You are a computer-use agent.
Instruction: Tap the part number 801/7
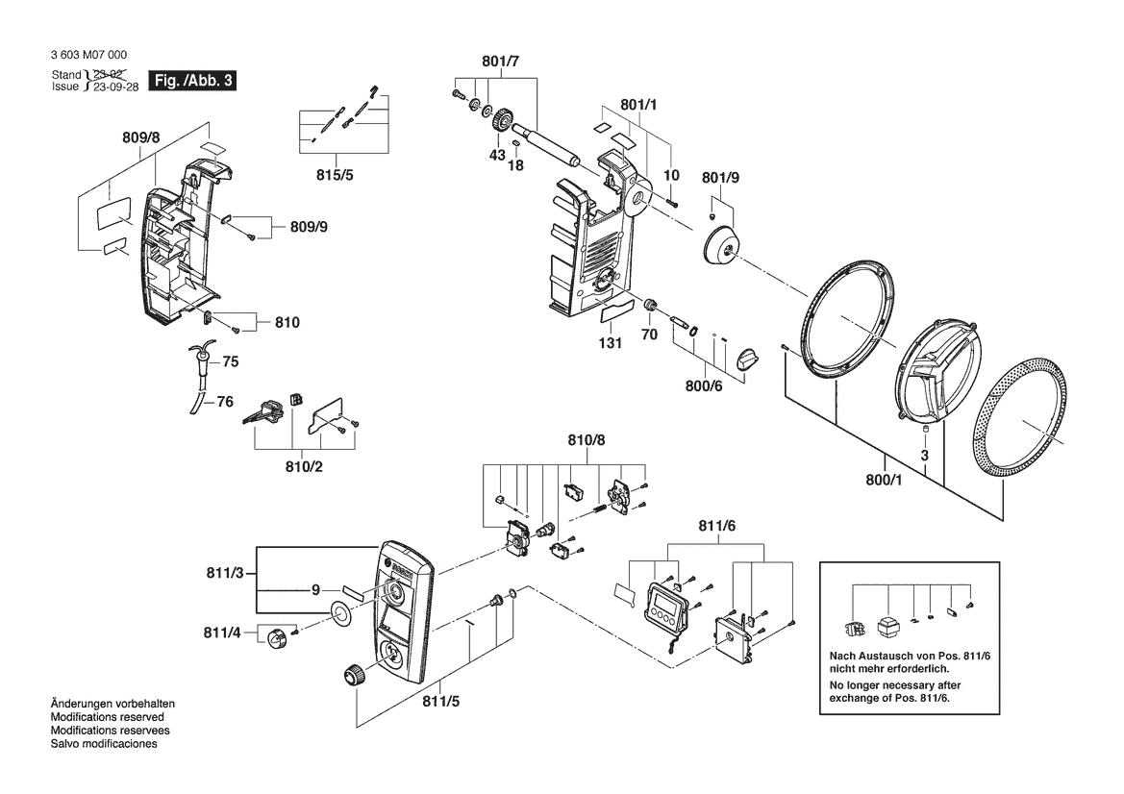click(x=501, y=62)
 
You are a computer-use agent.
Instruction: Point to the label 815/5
click(x=336, y=176)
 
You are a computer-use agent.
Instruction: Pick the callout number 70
click(x=649, y=335)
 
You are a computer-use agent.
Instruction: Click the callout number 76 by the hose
click(x=224, y=402)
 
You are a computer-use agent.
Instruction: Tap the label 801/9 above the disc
click(x=721, y=179)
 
